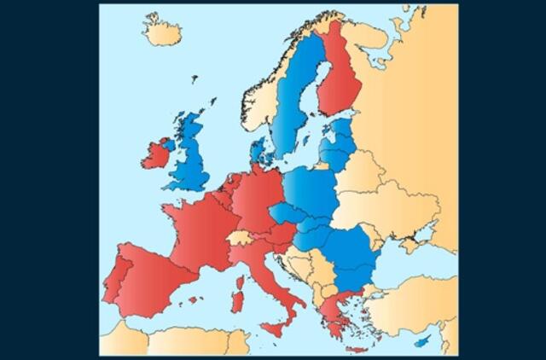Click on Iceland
click(x=162, y=33)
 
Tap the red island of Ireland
click(x=156, y=154)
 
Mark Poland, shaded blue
click(x=311, y=193)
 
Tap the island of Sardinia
click(x=238, y=299)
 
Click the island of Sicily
click(x=275, y=328)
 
